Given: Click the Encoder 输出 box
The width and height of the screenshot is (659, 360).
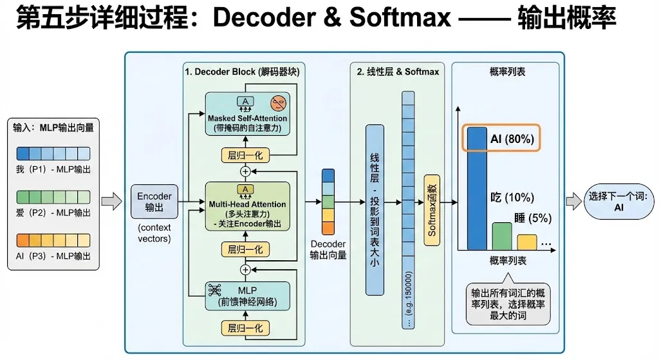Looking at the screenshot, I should click(154, 201).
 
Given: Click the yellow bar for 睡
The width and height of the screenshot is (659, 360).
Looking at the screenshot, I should click(526, 242).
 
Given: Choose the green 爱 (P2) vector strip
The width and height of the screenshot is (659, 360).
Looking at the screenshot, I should click(52, 196).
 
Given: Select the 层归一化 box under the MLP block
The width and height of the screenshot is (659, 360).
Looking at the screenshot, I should click(245, 328).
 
